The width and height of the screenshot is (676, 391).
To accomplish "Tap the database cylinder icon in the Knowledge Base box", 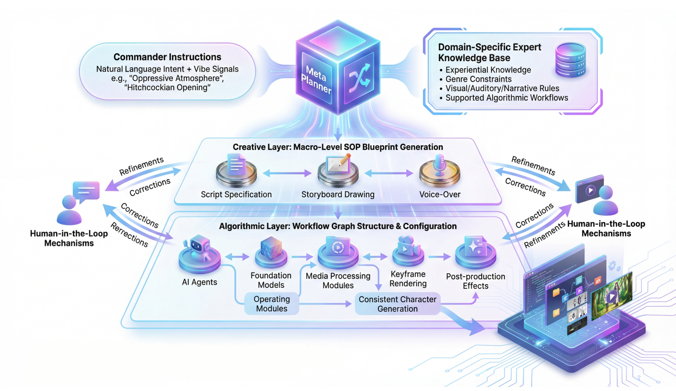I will tap(570, 60).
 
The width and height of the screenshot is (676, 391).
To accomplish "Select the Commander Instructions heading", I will tap(167, 57).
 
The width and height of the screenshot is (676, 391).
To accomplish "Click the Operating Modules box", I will tap(271, 304).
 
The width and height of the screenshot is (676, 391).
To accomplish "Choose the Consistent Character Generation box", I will tap(397, 304).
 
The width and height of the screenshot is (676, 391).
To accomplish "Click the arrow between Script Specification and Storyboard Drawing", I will tap(287, 173).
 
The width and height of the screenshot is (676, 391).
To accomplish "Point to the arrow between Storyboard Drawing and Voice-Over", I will tap(389, 173).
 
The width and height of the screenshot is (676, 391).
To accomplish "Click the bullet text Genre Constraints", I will tap(478, 79).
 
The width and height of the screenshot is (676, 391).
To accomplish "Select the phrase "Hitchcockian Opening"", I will tap(167, 88).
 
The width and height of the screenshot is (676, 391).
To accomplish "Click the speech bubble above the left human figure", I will tap(86, 191).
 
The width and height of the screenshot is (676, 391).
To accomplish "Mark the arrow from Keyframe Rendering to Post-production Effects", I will tap(440, 257).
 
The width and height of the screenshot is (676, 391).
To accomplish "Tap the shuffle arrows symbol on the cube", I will tap(359, 78).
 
